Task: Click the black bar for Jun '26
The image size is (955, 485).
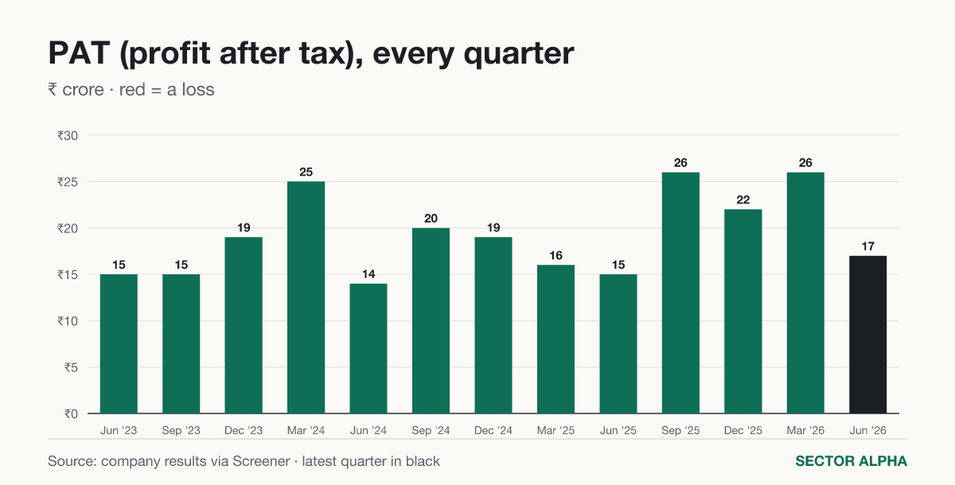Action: pos(867,335)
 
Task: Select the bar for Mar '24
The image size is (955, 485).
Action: pos(306,297)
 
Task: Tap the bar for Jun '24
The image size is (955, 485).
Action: pos(368,349)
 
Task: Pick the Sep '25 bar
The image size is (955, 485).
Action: pos(680,293)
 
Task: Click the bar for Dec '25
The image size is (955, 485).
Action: pos(743,311)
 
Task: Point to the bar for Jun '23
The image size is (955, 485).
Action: pos(119,344)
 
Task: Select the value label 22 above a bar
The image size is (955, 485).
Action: pos(743,200)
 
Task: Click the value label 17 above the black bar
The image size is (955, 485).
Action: pos(867,246)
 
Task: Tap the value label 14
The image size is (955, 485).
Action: pos(368,274)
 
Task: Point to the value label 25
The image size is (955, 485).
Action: pos(306,172)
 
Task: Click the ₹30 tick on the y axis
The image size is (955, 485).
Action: pos(68,136)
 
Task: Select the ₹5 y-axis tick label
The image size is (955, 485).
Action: pos(71,367)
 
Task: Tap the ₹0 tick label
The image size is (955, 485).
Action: pos(71,414)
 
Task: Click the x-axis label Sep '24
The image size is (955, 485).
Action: pos(431,430)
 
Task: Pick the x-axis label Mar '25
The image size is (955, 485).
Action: pos(555,430)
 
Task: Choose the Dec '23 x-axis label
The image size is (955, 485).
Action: pos(244,430)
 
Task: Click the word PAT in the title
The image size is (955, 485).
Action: pos(80,53)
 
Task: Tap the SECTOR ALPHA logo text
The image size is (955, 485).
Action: pos(851,461)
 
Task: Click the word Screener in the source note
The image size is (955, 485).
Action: pos(261,461)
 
